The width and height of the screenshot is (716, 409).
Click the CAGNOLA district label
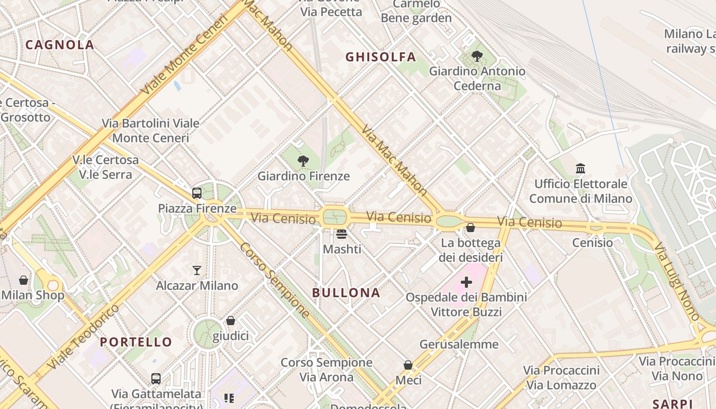point(60,45)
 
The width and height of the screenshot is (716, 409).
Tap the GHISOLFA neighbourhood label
point(381,57)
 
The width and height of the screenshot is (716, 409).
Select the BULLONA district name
point(346,293)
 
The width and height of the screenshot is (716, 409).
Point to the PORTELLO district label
point(136,342)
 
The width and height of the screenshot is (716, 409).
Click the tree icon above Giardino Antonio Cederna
point(477,56)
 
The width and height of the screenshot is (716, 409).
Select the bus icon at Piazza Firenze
point(197,193)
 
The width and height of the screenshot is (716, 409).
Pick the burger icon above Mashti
point(342,234)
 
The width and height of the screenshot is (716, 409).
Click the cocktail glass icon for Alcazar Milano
point(197,270)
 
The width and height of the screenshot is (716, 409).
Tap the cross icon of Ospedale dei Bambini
point(466,282)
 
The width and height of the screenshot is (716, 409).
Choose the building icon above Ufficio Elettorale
point(580,168)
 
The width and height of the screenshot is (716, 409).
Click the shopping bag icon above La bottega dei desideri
point(471,228)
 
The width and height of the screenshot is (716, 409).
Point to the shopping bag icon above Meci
point(408,365)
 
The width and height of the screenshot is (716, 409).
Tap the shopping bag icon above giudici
point(231,321)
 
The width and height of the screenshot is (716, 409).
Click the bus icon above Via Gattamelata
point(156,379)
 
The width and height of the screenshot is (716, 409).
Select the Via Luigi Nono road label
point(676,281)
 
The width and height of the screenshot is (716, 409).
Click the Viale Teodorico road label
point(84,337)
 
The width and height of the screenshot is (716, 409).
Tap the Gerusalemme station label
point(459,345)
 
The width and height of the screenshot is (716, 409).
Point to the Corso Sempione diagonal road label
point(275,279)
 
